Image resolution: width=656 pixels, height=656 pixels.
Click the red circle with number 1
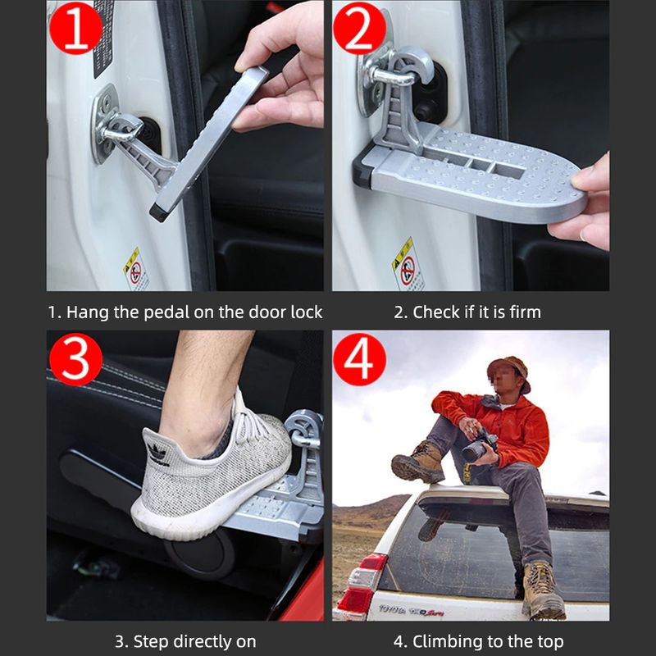(76, 29)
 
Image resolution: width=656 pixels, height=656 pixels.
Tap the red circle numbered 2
(358, 29)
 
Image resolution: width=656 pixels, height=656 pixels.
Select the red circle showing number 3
(75, 361)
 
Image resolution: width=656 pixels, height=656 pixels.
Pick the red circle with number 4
(358, 361)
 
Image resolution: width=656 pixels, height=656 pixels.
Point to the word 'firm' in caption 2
(525, 312)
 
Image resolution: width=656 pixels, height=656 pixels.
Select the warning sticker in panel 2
(408, 263)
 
